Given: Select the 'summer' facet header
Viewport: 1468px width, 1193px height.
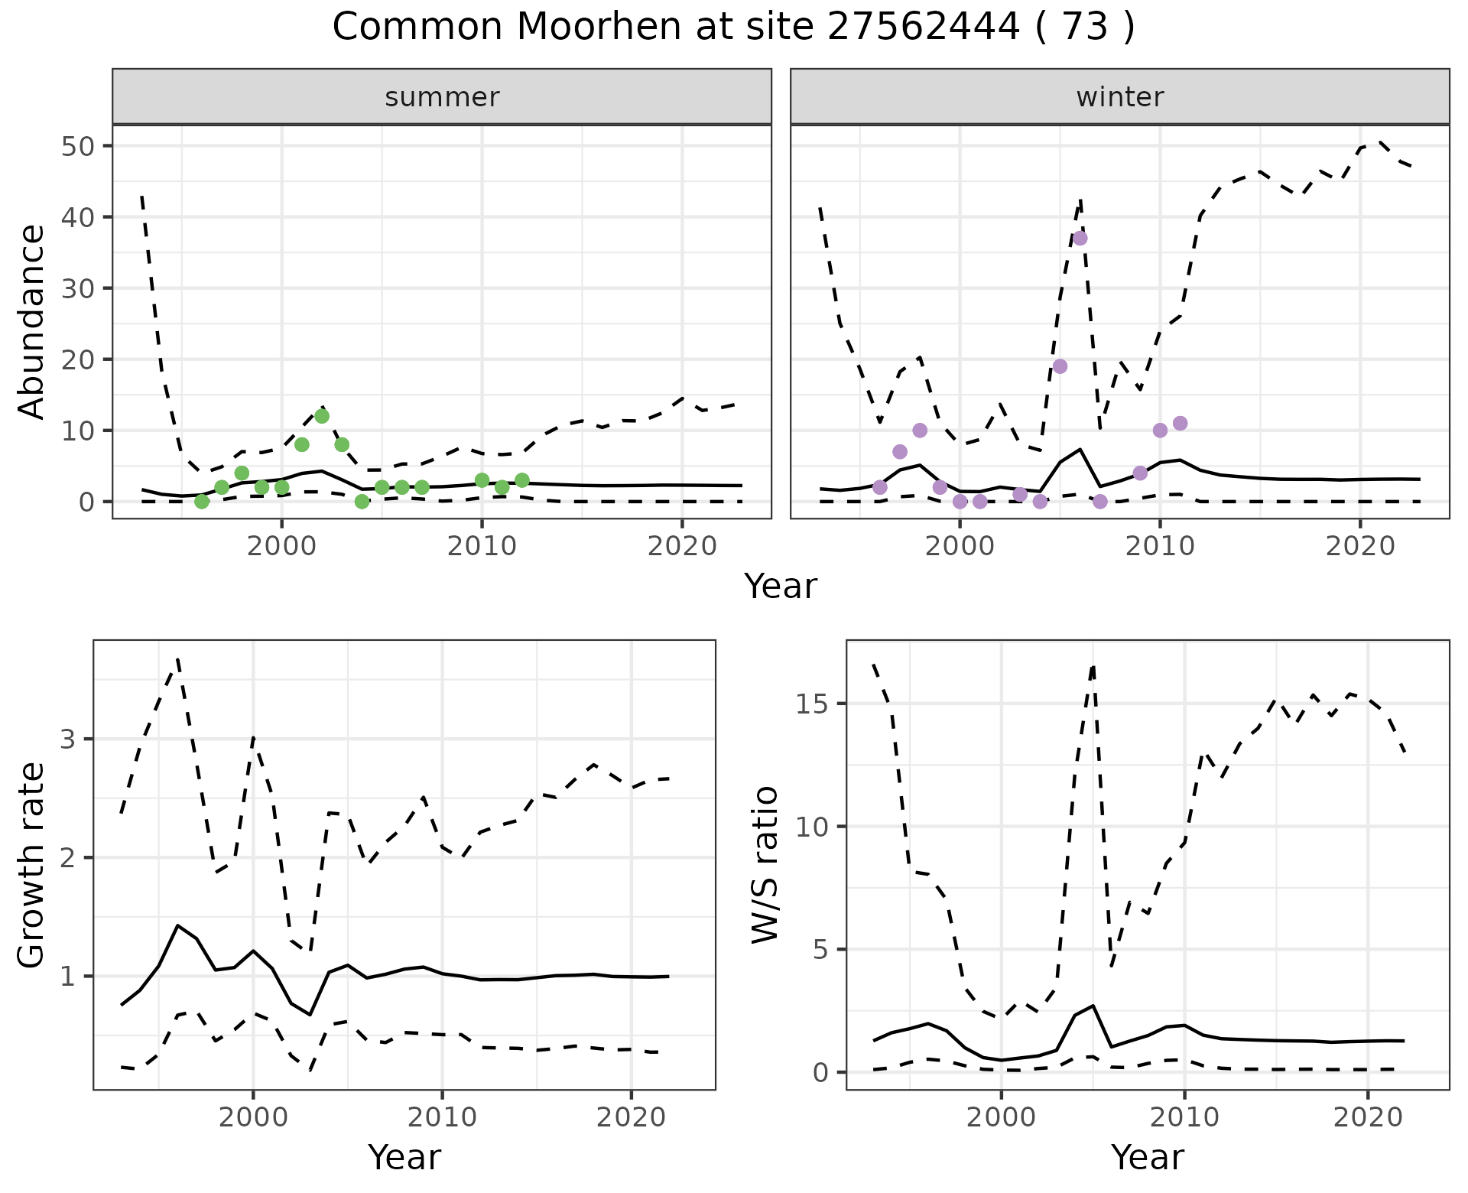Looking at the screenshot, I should click(x=442, y=97).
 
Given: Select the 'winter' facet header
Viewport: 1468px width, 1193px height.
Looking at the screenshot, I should click(x=1119, y=97).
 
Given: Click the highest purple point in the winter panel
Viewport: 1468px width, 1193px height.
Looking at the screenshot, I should click(x=1080, y=238).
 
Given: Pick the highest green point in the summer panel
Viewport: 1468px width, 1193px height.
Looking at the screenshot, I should click(x=322, y=416).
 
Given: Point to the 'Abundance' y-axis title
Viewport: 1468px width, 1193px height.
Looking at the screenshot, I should click(x=32, y=322).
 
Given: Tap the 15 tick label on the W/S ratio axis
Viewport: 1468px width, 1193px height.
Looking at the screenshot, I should click(x=814, y=704).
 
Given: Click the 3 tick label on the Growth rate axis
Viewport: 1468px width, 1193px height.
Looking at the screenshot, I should click(x=69, y=740).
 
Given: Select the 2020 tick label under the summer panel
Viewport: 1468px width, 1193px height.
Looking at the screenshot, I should click(x=681, y=546).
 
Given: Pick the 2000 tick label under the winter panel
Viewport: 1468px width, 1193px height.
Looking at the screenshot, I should click(x=960, y=546).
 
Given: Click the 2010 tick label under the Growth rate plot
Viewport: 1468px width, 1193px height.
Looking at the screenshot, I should click(x=442, y=1117).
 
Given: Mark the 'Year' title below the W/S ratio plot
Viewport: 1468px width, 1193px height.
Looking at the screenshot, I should click(x=1147, y=1158).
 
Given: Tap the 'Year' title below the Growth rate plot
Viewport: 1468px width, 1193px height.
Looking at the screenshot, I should click(x=404, y=1158).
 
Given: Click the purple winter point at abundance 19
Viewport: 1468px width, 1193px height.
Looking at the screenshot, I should click(x=1060, y=366).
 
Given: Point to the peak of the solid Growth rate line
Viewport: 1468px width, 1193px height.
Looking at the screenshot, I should click(x=178, y=925).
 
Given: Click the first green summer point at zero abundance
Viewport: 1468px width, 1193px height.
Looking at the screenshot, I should click(x=202, y=502).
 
